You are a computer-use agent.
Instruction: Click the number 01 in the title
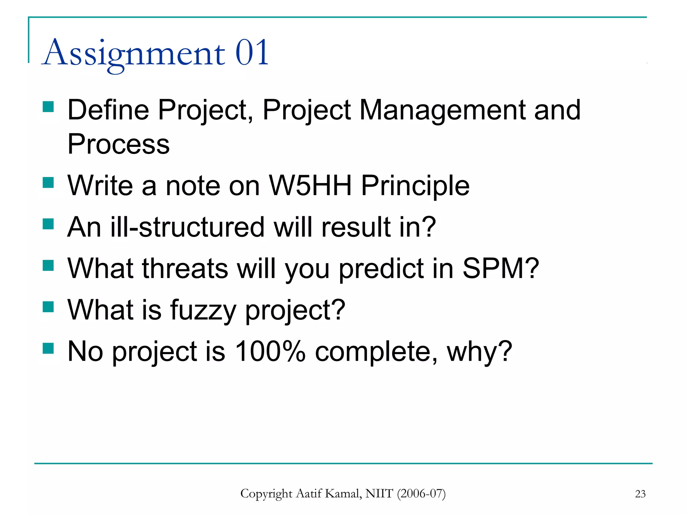click(252, 53)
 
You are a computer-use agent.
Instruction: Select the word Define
click(108, 110)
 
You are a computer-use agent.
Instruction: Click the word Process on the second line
click(118, 144)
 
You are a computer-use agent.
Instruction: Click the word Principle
click(415, 186)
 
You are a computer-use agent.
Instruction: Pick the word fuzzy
click(203, 310)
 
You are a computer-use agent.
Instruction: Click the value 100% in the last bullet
click(270, 351)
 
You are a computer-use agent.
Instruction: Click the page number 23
click(640, 494)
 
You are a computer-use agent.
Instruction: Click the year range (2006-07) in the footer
click(421, 494)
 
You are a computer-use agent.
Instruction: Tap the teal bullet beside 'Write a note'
click(48, 183)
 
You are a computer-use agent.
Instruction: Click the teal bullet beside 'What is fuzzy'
click(48, 306)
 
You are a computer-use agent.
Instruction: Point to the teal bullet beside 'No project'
click(48, 348)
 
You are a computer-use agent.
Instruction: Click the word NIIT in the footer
click(379, 494)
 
